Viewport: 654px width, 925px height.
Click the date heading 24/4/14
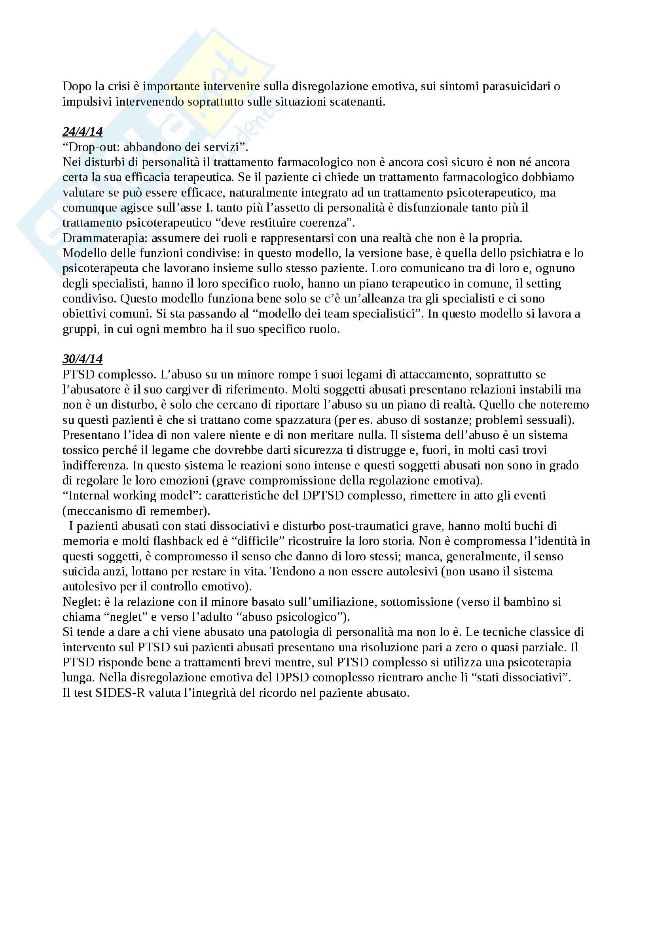tap(83, 131)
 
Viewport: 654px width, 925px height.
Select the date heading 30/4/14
tap(83, 359)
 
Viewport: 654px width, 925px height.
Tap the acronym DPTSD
tap(323, 496)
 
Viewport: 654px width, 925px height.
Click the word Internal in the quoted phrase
tap(89, 496)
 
